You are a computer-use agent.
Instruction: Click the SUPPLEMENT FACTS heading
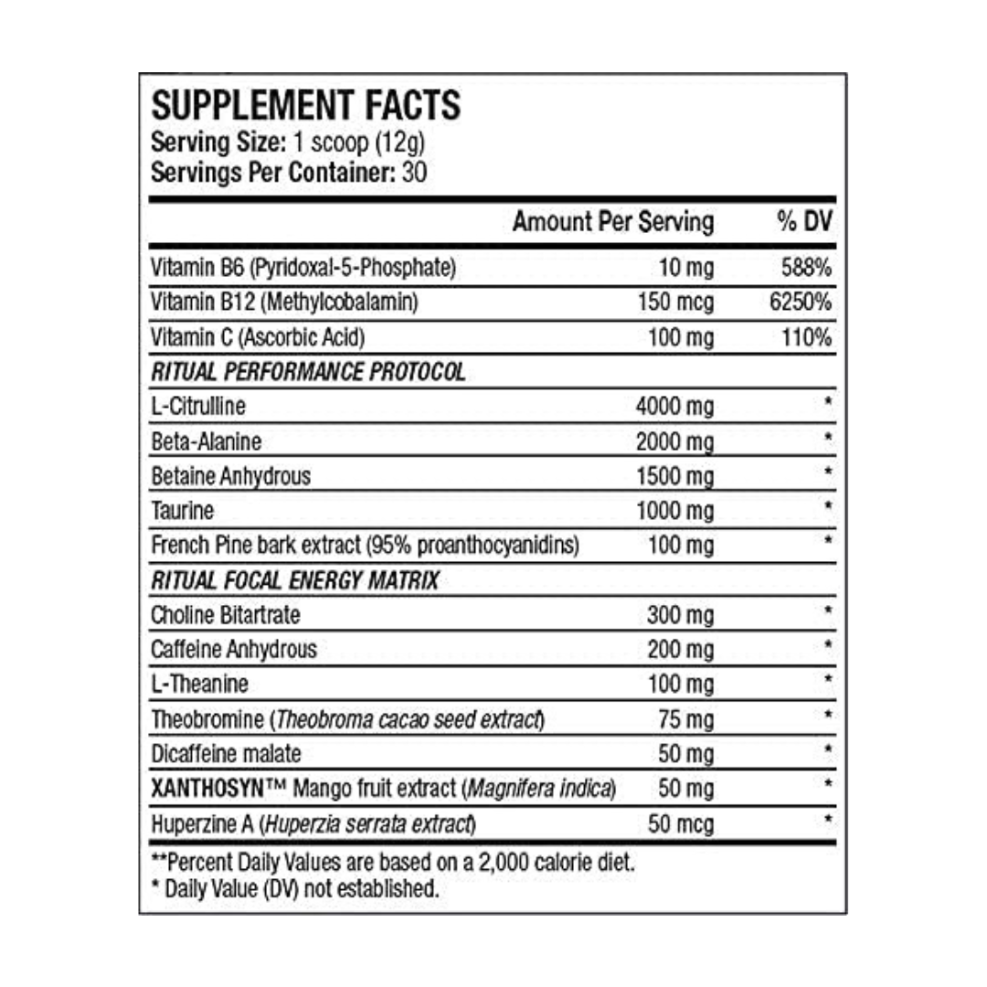305,106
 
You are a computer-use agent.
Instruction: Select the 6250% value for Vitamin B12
801,302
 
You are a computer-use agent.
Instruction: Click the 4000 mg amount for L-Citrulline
674,407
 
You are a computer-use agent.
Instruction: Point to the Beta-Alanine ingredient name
206,442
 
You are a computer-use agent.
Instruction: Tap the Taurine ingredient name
183,511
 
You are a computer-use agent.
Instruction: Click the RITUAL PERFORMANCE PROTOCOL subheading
308,372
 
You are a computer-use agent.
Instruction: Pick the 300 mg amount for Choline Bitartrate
680,615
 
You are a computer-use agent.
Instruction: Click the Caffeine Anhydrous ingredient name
234,650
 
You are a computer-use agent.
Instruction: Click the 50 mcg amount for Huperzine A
681,823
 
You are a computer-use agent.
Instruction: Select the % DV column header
804,222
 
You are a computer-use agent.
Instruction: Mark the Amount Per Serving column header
613,222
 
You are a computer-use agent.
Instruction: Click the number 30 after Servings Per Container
414,172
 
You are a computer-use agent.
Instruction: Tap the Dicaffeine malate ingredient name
226,754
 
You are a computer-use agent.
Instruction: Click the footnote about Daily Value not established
293,888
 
